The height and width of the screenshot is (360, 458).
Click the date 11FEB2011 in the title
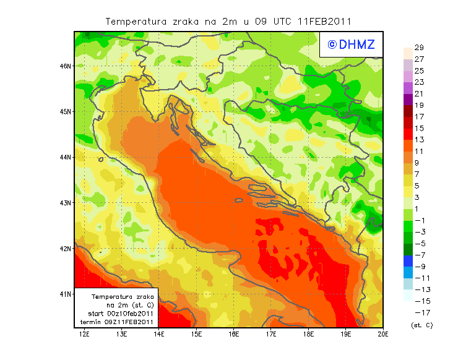pos(325,21)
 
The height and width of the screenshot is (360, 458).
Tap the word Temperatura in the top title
pos(136,21)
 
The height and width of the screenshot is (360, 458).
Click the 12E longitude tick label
pos(85,335)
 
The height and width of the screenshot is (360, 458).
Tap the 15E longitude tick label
pos(197,335)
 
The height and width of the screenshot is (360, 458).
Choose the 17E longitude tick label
pos(271,335)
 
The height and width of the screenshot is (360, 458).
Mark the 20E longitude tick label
pos(383,335)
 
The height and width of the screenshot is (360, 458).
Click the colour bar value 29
pos(418,48)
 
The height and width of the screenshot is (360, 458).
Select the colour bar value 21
pos(418,93)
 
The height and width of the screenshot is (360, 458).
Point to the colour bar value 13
pos(418,140)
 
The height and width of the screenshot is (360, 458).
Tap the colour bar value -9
pos(418,267)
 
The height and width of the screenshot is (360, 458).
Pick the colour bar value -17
pos(418,312)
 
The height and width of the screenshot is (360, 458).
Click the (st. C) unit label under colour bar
pos(421,325)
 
